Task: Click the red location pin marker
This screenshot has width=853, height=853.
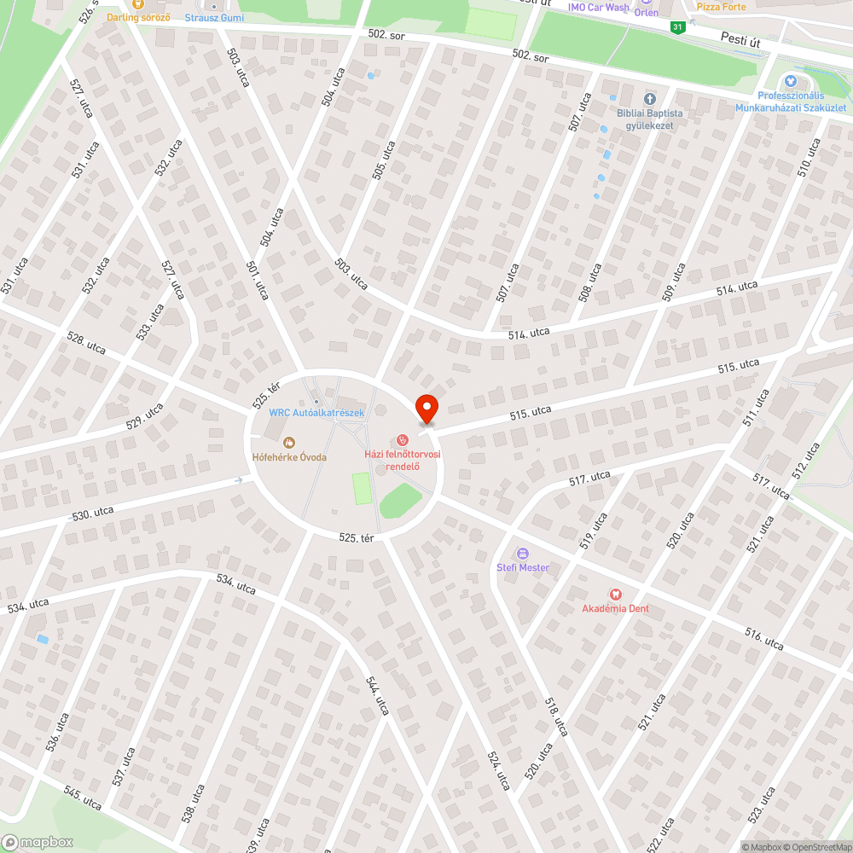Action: (x=426, y=408)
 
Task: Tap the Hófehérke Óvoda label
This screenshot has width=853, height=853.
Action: (x=289, y=456)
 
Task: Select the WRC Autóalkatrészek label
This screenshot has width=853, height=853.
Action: (x=316, y=413)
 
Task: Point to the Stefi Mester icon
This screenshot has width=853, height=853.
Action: (x=523, y=553)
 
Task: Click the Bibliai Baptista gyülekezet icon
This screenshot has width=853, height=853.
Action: (x=649, y=99)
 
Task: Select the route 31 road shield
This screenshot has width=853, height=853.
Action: (x=677, y=27)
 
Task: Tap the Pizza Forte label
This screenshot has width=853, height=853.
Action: (x=721, y=7)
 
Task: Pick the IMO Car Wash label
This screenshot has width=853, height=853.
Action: (x=599, y=8)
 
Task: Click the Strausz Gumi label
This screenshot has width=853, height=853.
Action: (x=214, y=18)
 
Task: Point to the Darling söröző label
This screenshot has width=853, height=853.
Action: (x=138, y=17)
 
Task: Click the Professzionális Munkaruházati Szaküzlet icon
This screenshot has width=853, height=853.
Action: (x=790, y=81)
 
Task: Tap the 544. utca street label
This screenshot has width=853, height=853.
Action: (x=376, y=695)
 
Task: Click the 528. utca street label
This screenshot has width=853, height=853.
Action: (x=86, y=345)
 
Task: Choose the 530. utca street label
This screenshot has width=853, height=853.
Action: (x=93, y=514)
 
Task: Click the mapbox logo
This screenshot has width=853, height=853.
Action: (x=38, y=841)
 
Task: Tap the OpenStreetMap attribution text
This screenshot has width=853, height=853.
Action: (x=817, y=847)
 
